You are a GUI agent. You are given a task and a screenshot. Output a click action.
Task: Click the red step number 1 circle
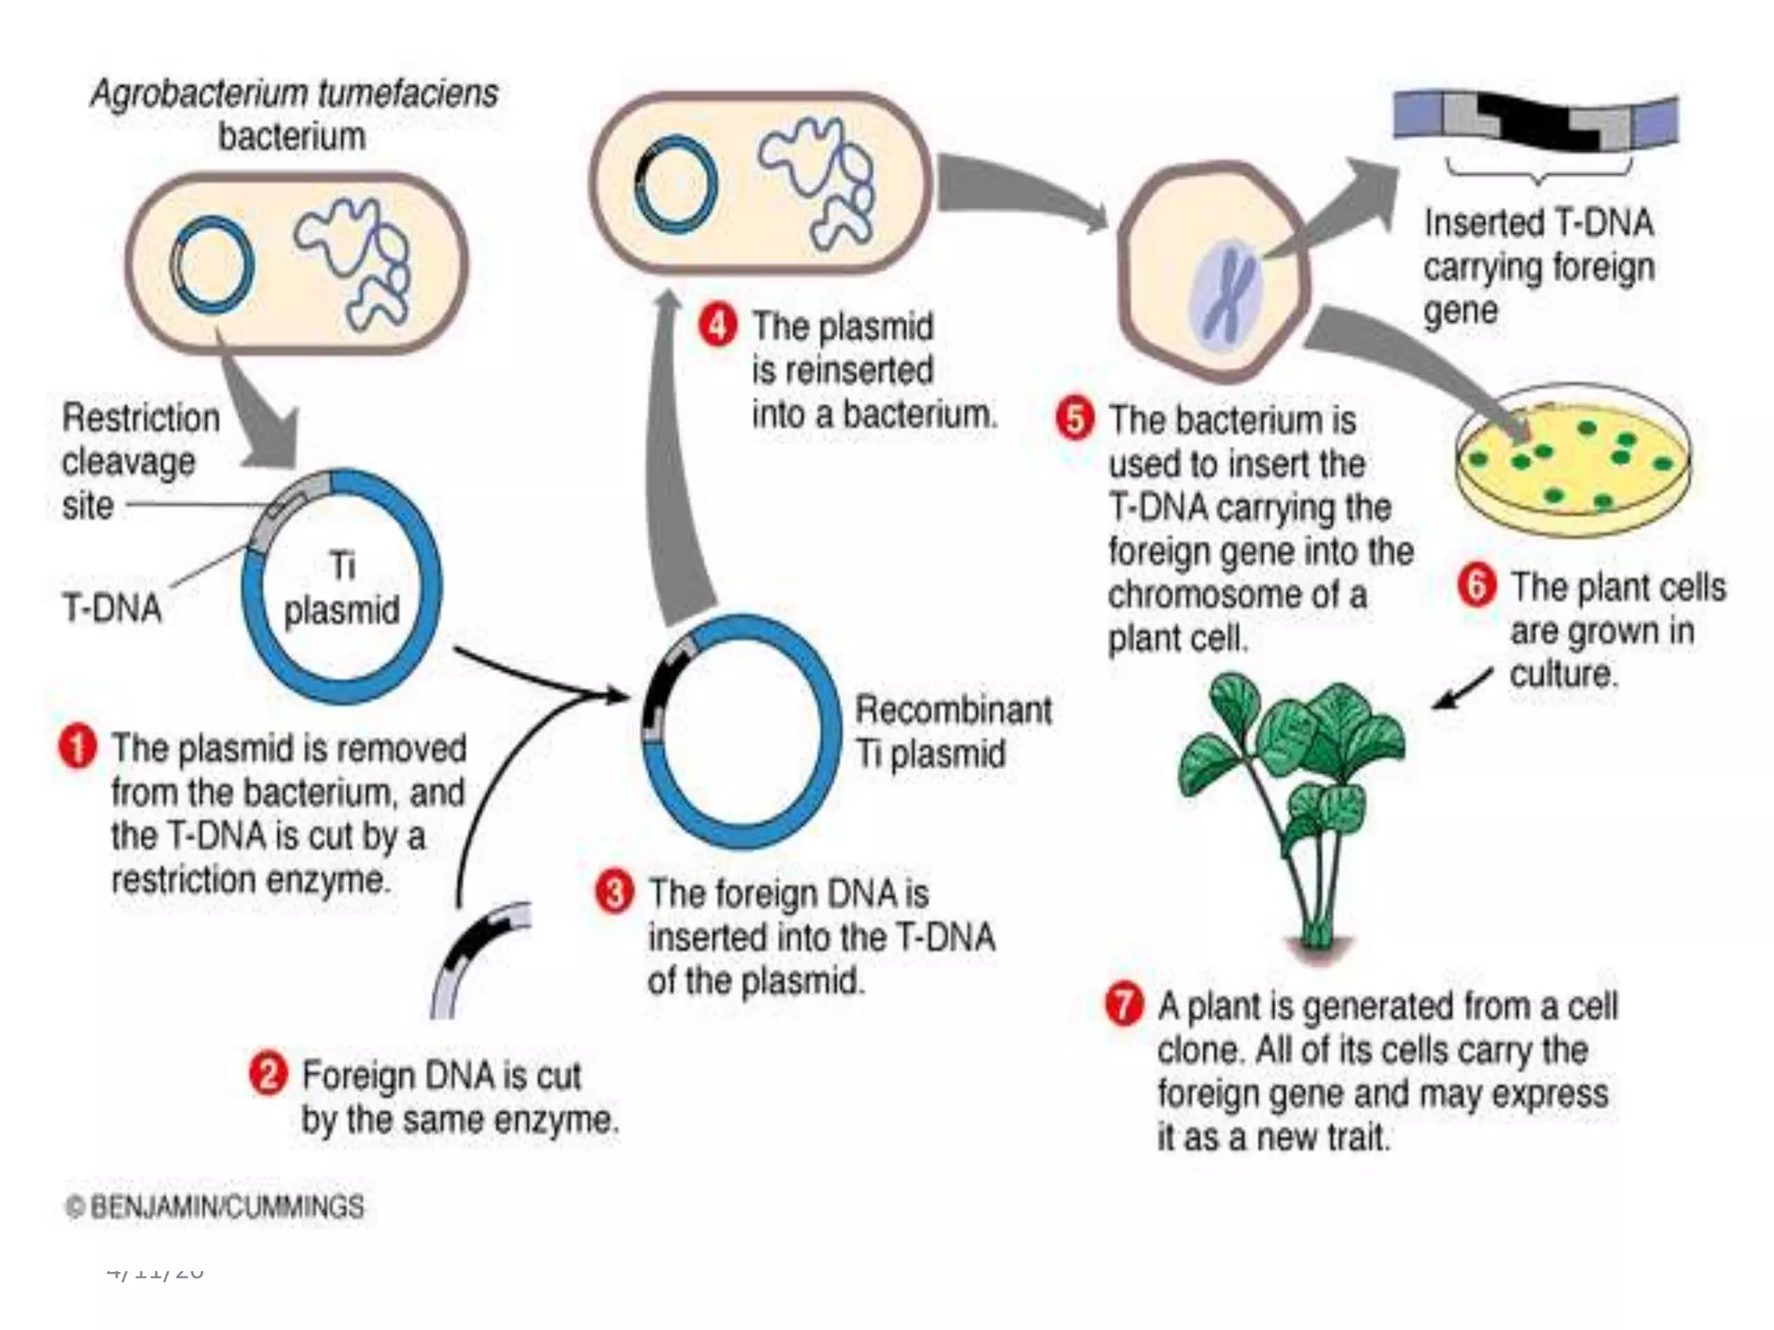[77, 747]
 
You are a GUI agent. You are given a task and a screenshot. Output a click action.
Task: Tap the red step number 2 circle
[268, 1075]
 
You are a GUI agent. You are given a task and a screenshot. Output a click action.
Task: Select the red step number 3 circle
[614, 892]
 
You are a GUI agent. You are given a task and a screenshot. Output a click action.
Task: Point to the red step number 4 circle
[718, 326]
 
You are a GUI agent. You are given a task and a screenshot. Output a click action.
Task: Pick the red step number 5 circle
[1075, 419]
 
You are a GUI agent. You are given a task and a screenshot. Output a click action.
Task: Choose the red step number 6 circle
[1477, 585]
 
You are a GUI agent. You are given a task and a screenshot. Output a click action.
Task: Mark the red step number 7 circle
[1123, 1005]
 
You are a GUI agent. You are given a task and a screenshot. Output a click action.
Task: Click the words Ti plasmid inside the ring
[342, 589]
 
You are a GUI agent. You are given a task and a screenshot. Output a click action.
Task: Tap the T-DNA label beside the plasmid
[112, 608]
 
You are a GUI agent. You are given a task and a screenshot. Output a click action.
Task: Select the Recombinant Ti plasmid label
[952, 732]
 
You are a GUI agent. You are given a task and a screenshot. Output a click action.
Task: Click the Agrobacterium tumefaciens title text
[295, 94]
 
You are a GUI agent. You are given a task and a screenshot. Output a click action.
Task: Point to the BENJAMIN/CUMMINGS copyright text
[215, 1207]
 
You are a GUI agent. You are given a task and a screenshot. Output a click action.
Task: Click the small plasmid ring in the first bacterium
[212, 264]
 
